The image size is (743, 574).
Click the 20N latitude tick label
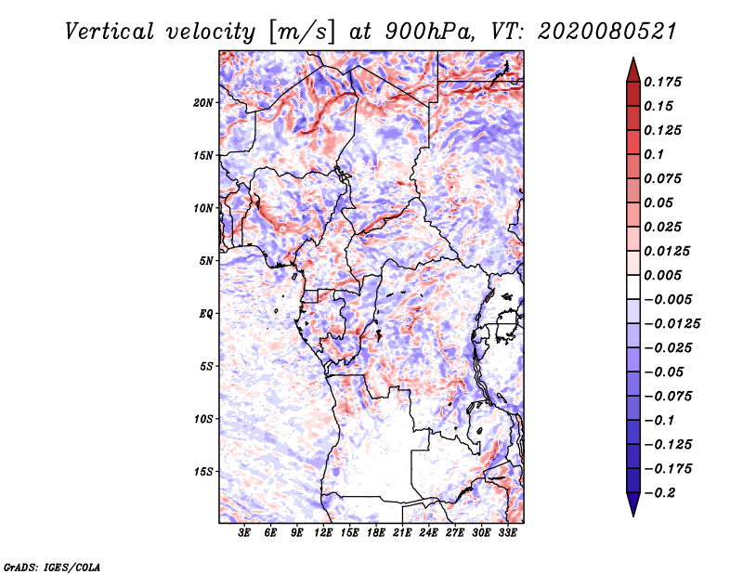coord(204,102)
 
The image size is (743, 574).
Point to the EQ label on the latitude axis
coord(206,314)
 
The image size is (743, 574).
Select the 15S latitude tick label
coord(204,472)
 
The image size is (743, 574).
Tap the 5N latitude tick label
coord(206,261)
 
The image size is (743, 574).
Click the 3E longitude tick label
coord(245,533)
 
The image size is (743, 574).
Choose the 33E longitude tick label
coord(508,533)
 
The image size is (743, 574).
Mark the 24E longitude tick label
coord(429,533)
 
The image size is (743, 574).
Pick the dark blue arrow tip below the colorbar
coord(632,508)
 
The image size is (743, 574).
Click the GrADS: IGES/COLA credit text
coord(52,565)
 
